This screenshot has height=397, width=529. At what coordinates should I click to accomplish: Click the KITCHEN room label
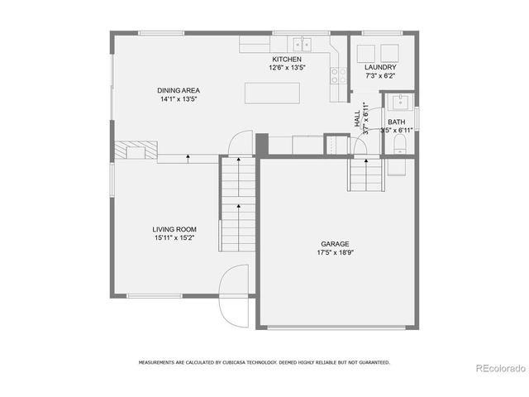(x=287, y=60)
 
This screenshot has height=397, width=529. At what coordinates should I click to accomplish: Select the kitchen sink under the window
(x=304, y=43)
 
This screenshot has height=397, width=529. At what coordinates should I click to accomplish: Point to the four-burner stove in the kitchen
(x=339, y=76)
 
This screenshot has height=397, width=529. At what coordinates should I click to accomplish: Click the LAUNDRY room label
(x=380, y=67)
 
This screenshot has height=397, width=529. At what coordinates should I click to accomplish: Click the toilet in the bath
(x=400, y=146)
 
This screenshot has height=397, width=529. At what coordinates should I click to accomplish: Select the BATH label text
(x=397, y=122)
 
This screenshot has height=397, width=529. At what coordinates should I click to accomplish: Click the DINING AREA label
(x=179, y=90)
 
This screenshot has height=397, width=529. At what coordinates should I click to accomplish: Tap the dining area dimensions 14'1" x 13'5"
(x=179, y=98)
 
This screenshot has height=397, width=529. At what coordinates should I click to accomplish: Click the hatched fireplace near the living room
(x=135, y=151)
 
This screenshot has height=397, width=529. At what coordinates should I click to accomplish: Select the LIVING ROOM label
(x=174, y=229)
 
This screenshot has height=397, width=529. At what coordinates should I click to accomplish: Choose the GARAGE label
(x=335, y=244)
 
